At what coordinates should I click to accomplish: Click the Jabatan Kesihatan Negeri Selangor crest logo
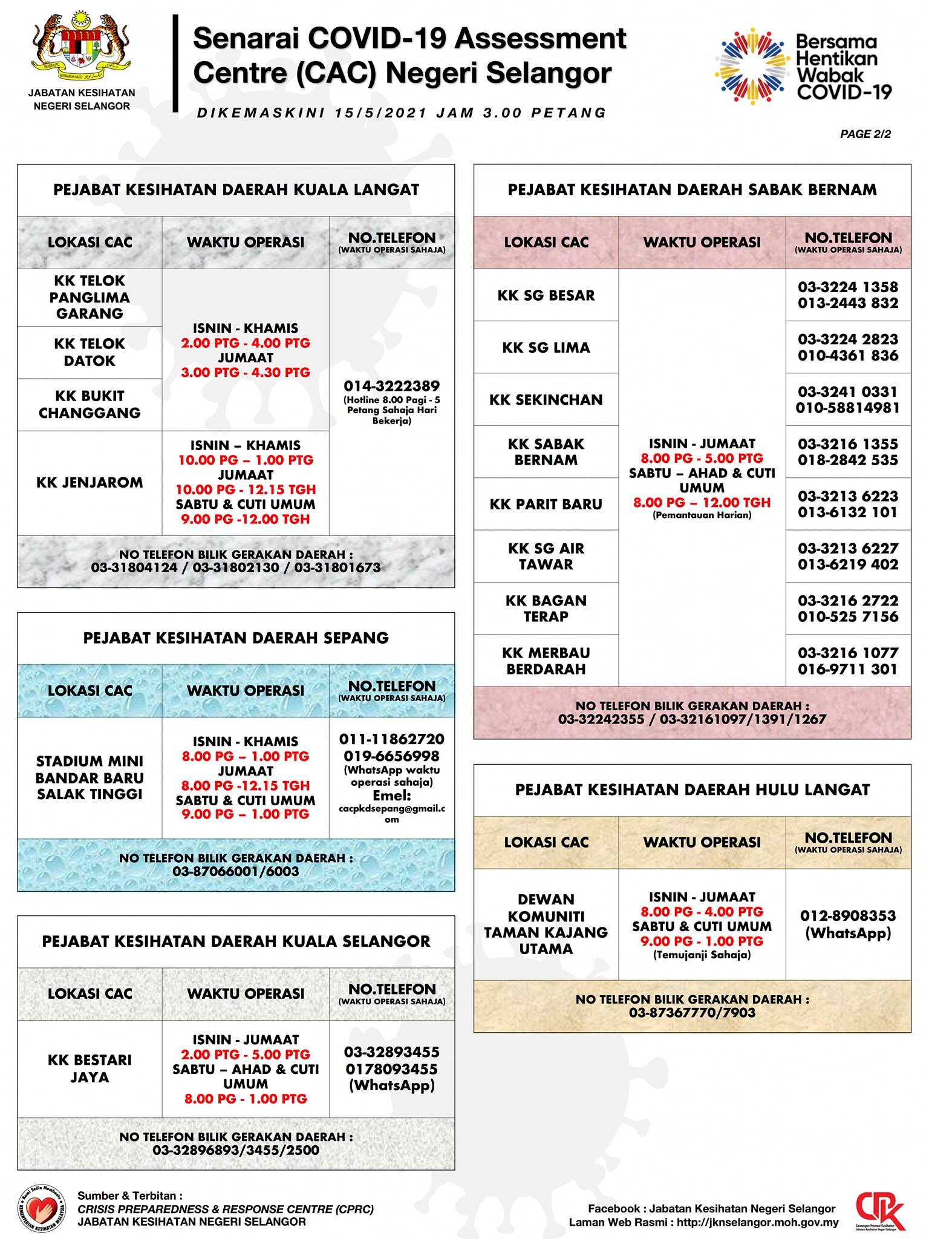pyautogui.click(x=81, y=49)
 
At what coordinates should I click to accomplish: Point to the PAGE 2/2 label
pyautogui.click(x=865, y=134)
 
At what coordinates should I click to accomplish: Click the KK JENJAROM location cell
pyautogui.click(x=90, y=482)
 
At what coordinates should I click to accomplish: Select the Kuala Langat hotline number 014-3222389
pyautogui.click(x=391, y=386)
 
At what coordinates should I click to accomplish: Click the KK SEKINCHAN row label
pyautogui.click(x=546, y=399)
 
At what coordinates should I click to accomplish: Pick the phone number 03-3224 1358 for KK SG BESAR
pyautogui.click(x=847, y=287)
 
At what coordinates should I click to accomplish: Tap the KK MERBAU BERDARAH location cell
pyautogui.click(x=546, y=661)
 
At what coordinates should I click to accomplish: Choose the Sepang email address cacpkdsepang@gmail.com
pyautogui.click(x=392, y=813)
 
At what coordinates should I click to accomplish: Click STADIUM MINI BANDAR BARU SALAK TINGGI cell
pyautogui.click(x=90, y=777)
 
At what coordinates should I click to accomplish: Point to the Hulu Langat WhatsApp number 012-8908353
pyautogui.click(x=847, y=916)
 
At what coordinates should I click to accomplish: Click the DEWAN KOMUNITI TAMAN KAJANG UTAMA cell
pyautogui.click(x=546, y=924)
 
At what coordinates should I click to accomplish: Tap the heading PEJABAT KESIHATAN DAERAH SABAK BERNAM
pyautogui.click(x=692, y=190)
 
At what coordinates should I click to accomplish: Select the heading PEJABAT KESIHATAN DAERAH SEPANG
pyautogui.click(x=236, y=638)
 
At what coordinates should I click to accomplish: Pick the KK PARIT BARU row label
pyautogui.click(x=546, y=504)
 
